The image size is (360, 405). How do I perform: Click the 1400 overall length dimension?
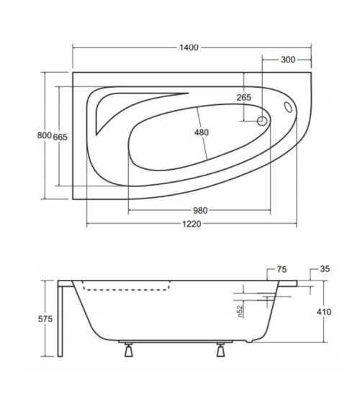[x=190, y=47]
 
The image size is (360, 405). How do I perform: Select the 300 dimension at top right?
[x=288, y=60]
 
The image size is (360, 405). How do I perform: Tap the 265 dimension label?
[x=243, y=98]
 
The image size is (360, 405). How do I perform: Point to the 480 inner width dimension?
[x=202, y=132]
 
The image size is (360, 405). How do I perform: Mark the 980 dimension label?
[x=199, y=210]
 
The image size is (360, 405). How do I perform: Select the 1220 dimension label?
[x=190, y=224]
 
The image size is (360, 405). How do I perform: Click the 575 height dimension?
[x=45, y=319]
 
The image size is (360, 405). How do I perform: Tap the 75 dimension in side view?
[x=282, y=270]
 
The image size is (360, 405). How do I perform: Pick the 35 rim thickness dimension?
[x=325, y=270]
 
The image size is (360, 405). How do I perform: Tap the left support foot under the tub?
[x=129, y=352]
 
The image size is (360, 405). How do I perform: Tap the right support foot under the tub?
[x=220, y=352]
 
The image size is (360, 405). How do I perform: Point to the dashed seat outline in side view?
[x=126, y=289]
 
